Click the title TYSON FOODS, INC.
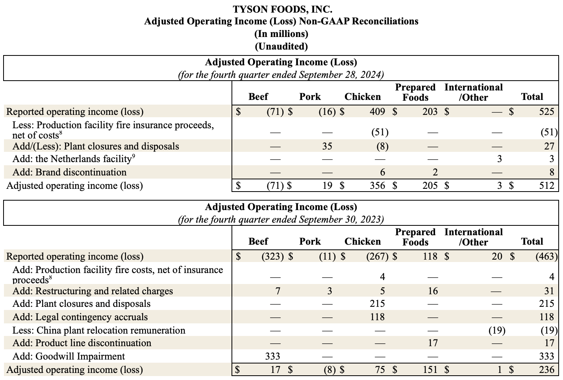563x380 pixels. [281, 9]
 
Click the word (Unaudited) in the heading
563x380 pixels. [281, 46]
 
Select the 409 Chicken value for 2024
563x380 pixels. [377, 112]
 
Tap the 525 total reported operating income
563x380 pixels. [546, 112]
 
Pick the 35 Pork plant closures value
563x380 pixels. [327, 146]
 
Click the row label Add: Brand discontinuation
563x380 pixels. [70, 172]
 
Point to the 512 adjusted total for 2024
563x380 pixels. [546, 185]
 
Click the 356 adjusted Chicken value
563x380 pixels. [377, 185]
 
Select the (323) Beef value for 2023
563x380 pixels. [272, 256]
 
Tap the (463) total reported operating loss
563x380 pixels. [546, 256]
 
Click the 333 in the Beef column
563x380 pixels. [272, 356]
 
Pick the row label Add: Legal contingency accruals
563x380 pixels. [80, 317]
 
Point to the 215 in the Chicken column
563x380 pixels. [377, 304]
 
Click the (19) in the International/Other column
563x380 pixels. [497, 330]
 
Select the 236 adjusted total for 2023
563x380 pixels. [546, 370]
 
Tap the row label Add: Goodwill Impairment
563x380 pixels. [69, 356]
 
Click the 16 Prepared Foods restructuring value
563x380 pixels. [433, 291]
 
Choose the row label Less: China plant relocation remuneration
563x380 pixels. [99, 330]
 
